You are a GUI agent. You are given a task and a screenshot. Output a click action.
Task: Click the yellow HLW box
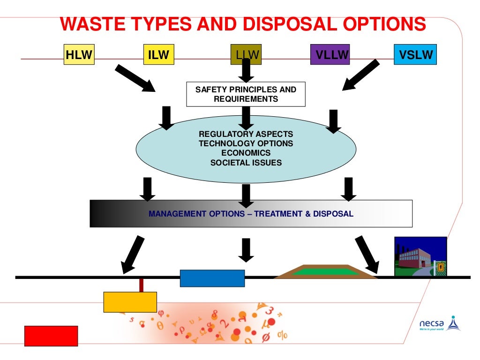point(78,55)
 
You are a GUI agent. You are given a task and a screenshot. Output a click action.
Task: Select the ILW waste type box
point(158,55)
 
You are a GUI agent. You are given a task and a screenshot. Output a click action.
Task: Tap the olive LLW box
point(246,55)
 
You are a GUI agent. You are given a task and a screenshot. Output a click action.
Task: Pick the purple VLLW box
point(332,55)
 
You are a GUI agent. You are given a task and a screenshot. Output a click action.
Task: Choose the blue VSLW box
point(415,55)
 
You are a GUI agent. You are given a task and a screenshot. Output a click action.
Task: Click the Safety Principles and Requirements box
point(246,94)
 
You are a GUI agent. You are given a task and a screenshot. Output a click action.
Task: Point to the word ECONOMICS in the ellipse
point(246,153)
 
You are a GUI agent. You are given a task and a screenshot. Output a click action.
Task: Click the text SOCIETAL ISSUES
point(246,163)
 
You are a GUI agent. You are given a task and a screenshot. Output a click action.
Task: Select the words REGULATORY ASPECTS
point(246,134)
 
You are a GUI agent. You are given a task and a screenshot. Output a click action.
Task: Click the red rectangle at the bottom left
point(51,336)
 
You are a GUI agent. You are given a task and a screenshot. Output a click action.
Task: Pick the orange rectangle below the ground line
point(130,302)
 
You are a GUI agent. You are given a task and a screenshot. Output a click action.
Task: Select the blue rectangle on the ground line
point(212,278)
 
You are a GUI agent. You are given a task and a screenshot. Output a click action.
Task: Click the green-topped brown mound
point(326,272)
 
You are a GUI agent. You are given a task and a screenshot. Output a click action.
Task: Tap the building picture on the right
point(420,256)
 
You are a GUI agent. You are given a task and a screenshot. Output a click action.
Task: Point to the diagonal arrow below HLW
point(135,78)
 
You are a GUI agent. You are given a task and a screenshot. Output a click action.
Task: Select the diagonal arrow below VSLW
point(361,75)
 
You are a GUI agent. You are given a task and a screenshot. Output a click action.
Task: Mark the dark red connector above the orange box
point(141,285)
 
